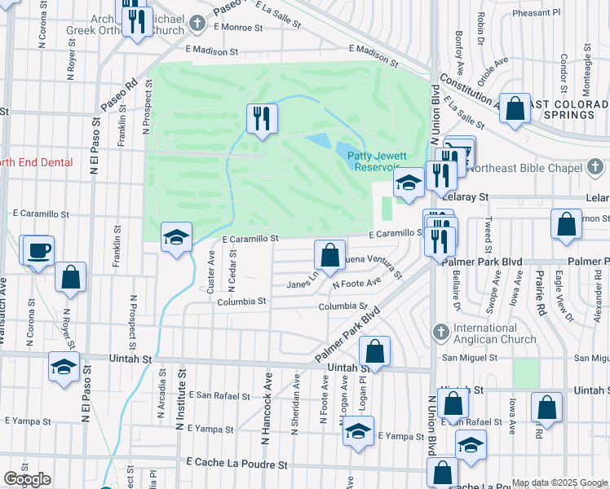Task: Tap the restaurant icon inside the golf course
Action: [262, 120]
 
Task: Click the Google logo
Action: [27, 479]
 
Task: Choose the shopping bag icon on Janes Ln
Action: [329, 256]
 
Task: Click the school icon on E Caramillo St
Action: [177, 239]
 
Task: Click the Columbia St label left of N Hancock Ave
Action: [241, 302]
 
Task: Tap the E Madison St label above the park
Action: [210, 50]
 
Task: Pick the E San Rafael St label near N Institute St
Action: [219, 395]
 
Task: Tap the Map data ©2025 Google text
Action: [559, 482]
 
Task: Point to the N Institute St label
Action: [181, 397]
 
